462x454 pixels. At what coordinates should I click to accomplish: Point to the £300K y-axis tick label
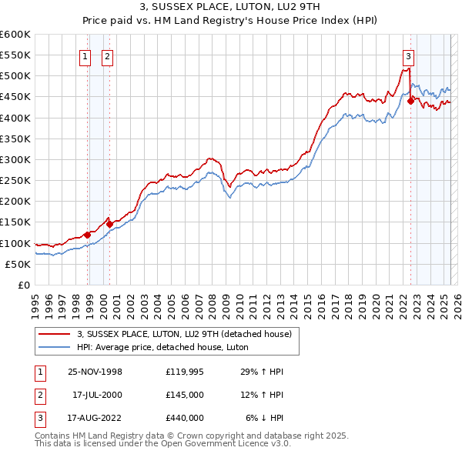(15, 159)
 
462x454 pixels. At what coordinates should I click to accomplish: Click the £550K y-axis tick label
(15, 55)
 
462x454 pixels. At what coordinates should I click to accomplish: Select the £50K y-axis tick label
(17, 264)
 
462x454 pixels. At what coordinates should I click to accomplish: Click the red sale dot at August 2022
(410, 102)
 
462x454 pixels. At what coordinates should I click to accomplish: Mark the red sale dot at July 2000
(110, 224)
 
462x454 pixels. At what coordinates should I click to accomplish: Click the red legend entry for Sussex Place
(184, 334)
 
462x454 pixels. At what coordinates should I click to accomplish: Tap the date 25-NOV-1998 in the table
(94, 372)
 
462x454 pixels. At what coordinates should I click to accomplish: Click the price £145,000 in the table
(184, 395)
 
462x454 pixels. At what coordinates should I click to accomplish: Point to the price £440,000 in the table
(184, 418)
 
